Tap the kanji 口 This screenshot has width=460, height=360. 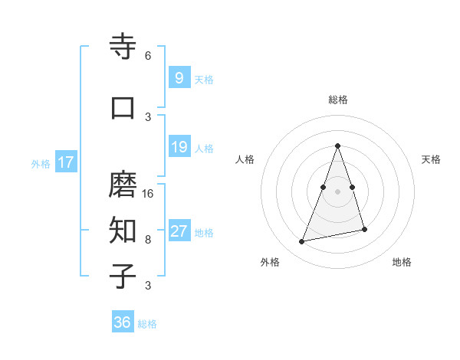[x=123, y=107]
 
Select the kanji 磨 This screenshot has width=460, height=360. [x=123, y=185]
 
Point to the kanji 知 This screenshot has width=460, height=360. [x=123, y=229]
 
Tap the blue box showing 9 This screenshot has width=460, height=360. [x=178, y=77]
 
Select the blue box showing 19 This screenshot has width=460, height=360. [x=178, y=147]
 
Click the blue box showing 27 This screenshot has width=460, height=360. [x=178, y=231]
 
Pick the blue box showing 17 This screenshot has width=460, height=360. [x=66, y=162]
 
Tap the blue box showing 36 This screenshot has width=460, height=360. [x=122, y=322]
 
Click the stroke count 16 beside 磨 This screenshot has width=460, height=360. [x=149, y=194]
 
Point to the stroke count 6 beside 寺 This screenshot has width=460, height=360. [x=148, y=56]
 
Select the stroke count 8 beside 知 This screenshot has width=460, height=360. [x=148, y=239]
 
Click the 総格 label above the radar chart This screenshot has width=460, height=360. [x=337, y=100]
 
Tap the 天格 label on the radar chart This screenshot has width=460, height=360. [x=431, y=159]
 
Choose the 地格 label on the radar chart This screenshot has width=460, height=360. [x=402, y=262]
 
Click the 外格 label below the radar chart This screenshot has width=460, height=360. [x=270, y=262]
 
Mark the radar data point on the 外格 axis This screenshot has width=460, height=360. [x=302, y=242]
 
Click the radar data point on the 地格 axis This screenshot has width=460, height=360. [x=365, y=229]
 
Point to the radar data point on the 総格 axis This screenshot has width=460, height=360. [x=337, y=145]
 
